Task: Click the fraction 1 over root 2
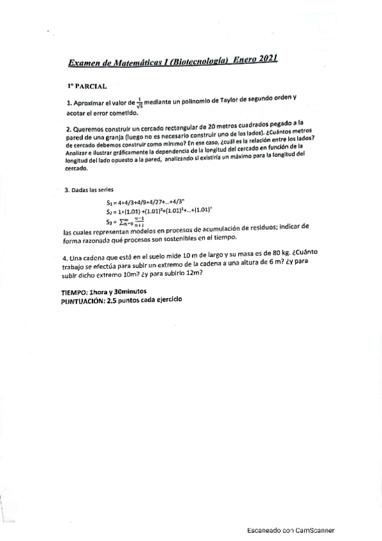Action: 140,102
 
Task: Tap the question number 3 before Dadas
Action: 66,190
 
